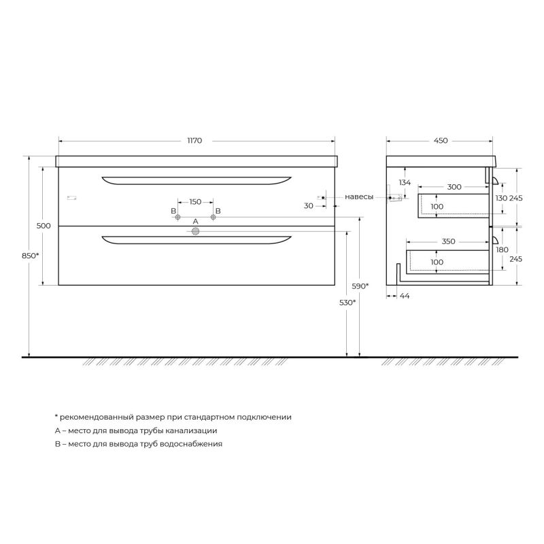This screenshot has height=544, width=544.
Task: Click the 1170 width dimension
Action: (194, 141)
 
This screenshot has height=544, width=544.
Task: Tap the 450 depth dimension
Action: (441, 141)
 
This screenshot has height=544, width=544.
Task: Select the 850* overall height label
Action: (30, 256)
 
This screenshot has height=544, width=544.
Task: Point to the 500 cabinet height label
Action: (44, 226)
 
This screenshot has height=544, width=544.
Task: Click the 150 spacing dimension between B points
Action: (195, 201)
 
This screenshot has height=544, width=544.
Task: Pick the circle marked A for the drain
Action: (196, 231)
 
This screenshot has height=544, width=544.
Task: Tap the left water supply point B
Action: (177, 217)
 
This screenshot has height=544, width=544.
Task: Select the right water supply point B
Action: (213, 217)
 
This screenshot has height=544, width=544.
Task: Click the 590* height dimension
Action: (360, 286)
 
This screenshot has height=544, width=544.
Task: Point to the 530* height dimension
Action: (347, 303)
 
